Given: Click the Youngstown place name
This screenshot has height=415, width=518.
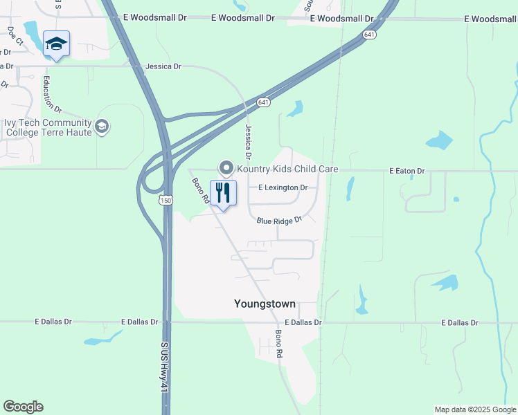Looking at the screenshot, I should click(265, 304).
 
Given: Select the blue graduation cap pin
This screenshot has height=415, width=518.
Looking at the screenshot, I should click(56, 44).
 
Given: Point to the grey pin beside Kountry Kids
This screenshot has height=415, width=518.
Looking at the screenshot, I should click(226, 167).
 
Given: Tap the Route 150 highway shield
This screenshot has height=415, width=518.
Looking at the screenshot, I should click(165, 200).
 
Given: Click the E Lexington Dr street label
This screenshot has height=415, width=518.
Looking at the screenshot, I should click(283, 187).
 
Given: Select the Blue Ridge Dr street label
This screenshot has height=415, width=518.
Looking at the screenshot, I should click(280, 221).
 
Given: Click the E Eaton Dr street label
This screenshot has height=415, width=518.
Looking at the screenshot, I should click(407, 170).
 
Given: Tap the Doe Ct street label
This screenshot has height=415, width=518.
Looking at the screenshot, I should click(15, 36).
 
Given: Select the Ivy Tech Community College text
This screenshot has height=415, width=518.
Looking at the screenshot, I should click(48, 127).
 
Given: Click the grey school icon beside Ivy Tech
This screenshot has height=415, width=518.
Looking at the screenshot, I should click(102, 127).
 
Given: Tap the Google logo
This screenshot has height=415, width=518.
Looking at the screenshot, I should click(23, 407).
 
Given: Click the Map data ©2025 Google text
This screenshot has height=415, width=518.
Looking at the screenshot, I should click(474, 409).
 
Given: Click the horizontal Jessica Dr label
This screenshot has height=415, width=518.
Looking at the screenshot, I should click(163, 67).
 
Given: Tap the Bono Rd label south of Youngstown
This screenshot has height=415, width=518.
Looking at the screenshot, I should click(279, 344).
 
